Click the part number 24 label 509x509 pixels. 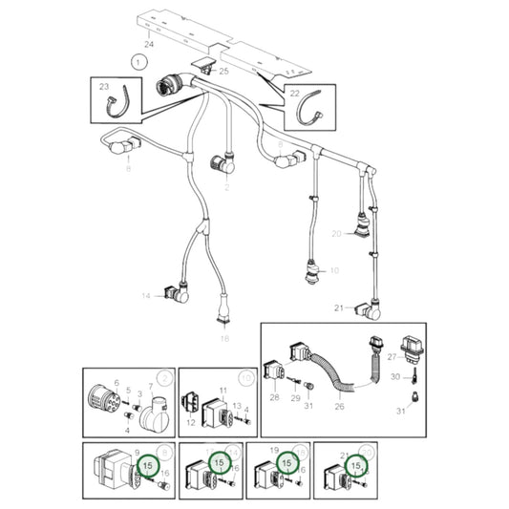pos(148,45)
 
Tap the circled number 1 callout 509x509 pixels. pos(139,62)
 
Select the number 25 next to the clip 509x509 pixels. pos(224,71)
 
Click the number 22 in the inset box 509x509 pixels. pos(294,92)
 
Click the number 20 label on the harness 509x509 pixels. pos(336,234)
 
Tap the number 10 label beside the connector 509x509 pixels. pos(334,271)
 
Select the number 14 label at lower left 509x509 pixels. pos(147,297)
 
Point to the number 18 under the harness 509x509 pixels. pos(224,338)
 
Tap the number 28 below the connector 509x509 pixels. pos(275,396)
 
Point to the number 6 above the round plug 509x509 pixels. pos(117,383)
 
